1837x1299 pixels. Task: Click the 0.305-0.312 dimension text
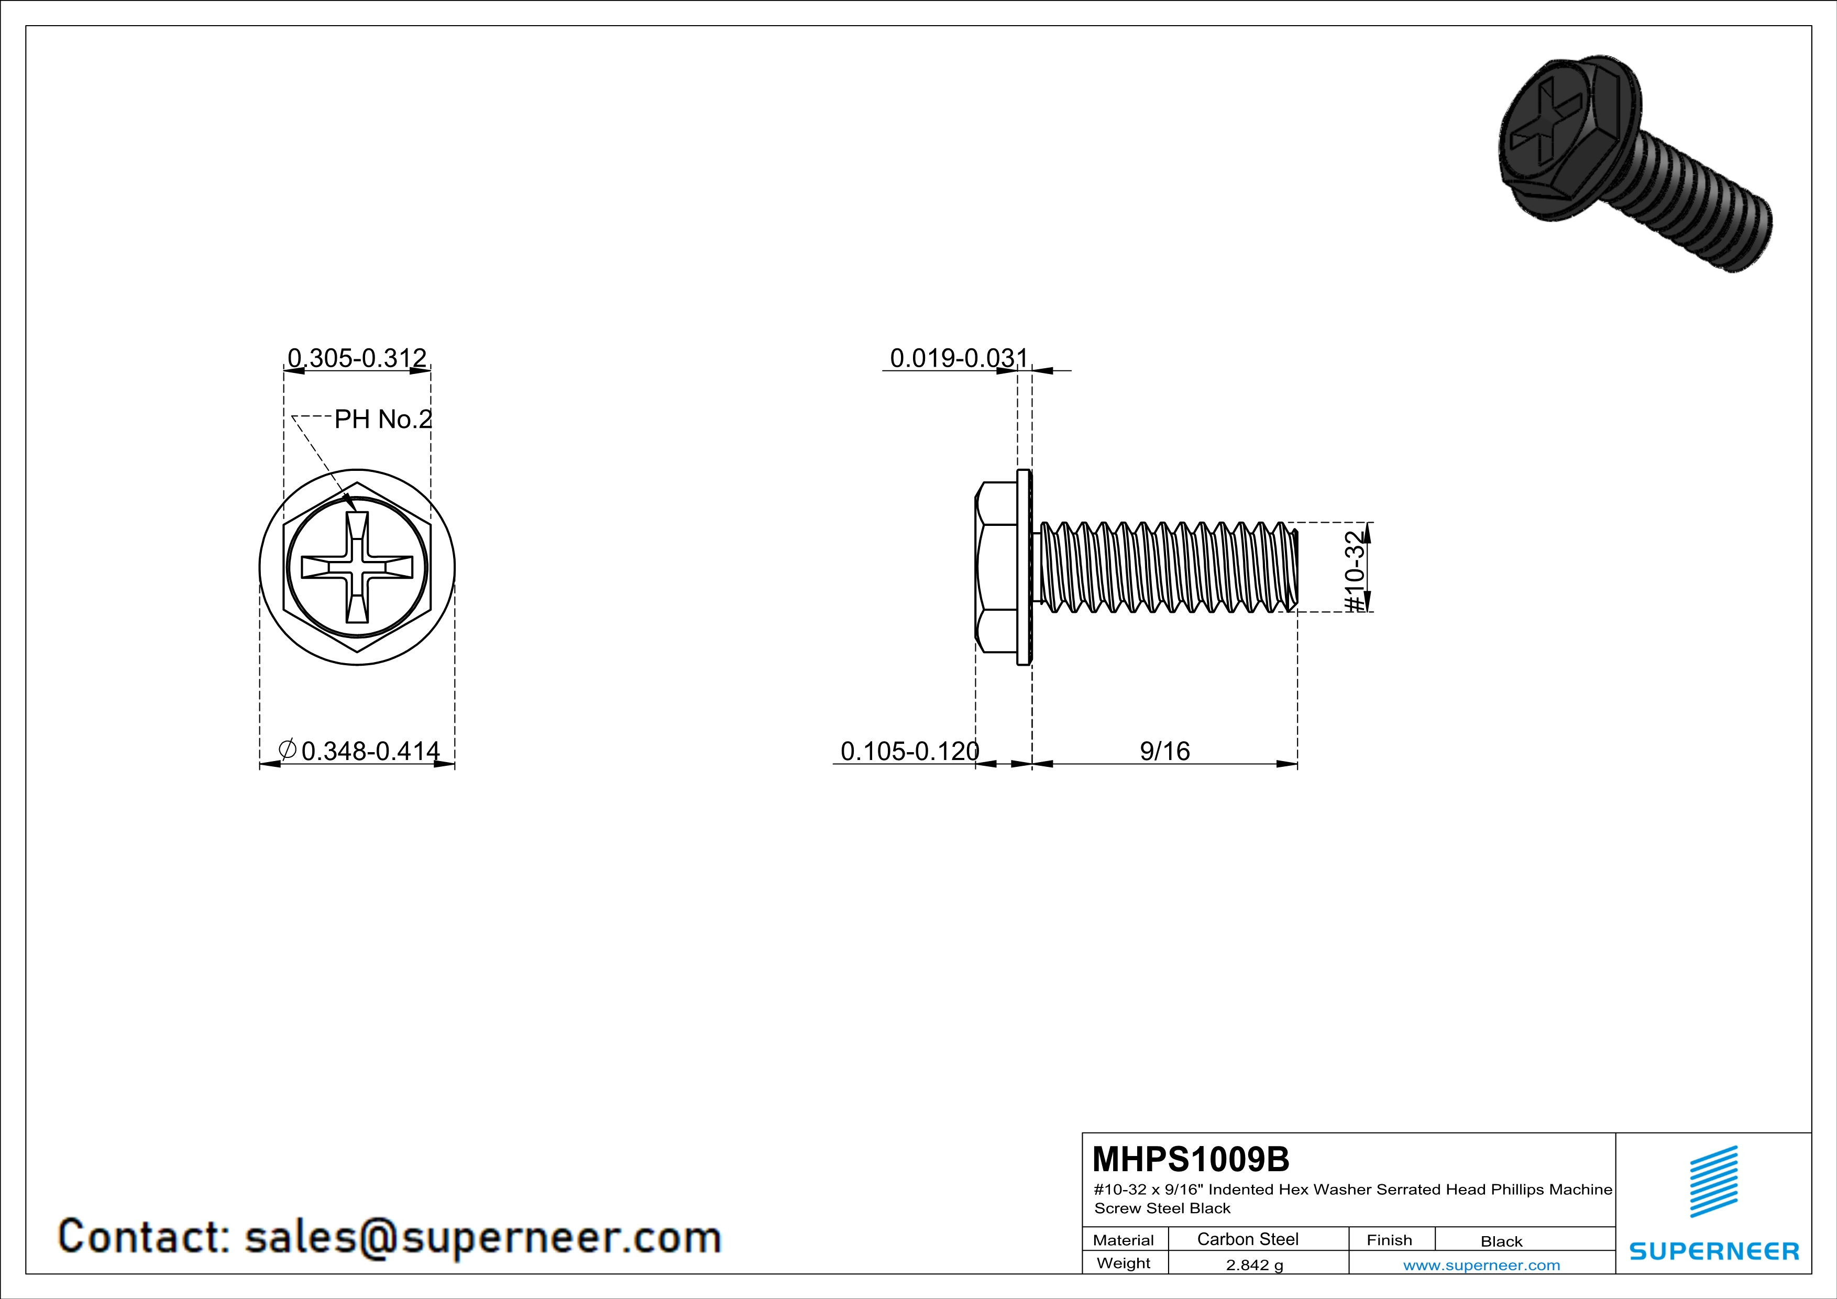357,358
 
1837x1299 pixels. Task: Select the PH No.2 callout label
382,419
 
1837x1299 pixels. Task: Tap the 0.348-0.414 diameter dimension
370,751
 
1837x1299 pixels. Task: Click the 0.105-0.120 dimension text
910,751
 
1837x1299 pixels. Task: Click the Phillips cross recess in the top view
357,568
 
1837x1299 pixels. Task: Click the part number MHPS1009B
1191,1159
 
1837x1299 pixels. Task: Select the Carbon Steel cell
1247,1239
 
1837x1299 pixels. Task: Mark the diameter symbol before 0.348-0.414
287,750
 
